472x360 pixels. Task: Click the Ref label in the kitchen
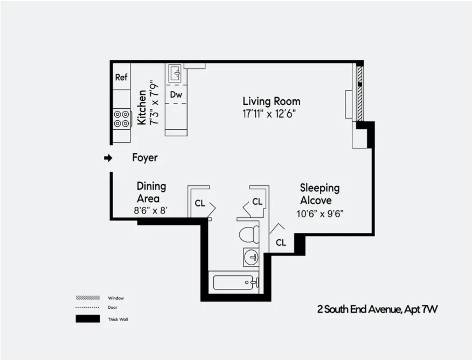121,78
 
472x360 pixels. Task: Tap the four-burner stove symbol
122,119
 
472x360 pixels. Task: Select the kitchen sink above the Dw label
176,73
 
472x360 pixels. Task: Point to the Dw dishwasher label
176,95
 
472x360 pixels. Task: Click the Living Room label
271,101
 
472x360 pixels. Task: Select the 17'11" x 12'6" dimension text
269,114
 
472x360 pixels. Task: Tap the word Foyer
145,158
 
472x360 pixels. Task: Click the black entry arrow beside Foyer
108,158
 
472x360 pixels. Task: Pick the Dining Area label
151,192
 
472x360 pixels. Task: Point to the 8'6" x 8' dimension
151,210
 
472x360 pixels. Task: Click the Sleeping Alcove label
320,194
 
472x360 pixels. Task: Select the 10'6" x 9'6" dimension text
320,213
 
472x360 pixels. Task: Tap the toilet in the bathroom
248,234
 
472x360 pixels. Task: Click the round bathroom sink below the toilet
251,257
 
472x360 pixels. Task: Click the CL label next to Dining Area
199,204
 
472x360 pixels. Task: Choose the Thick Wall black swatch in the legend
87,319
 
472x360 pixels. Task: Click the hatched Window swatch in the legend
87,297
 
